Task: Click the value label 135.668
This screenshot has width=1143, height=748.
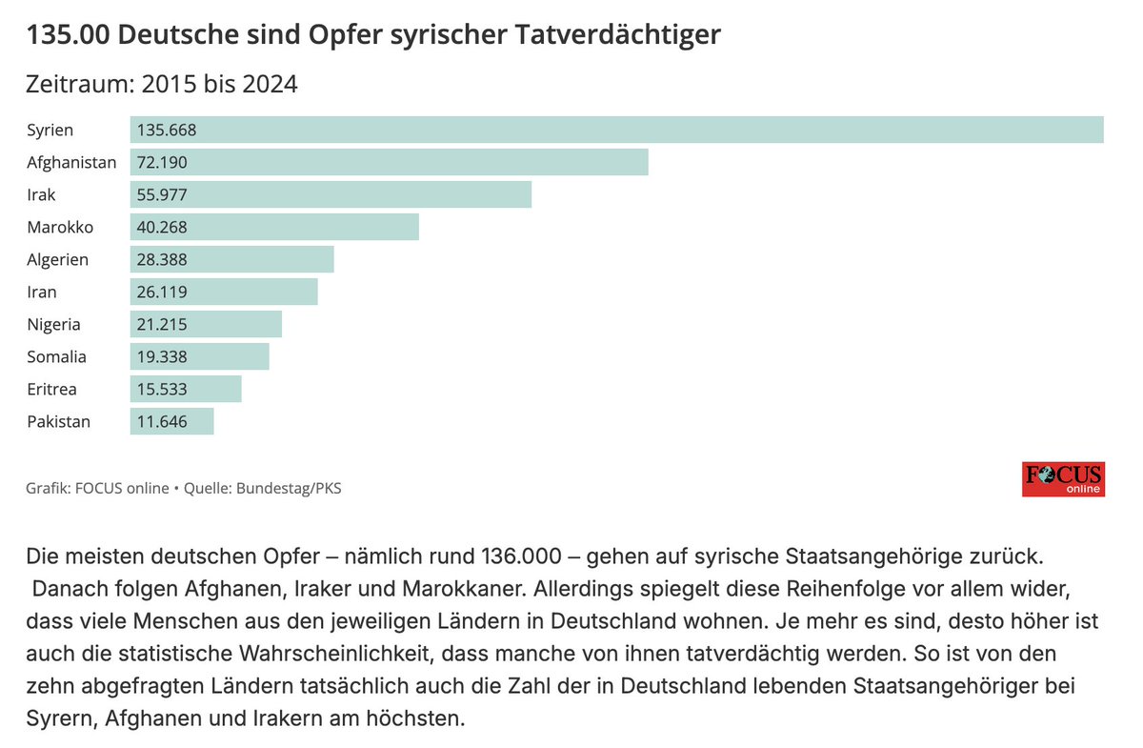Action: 167,130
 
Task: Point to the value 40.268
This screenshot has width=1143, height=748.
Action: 162,227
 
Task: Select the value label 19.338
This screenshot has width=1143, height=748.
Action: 162,356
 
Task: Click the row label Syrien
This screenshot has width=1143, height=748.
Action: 50,130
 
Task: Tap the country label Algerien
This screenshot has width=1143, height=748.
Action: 58,259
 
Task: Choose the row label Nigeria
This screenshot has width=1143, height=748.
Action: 53,324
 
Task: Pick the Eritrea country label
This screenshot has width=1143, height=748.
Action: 51,389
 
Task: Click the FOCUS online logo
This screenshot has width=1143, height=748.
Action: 1063,479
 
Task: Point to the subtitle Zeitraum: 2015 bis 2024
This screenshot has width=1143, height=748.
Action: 162,84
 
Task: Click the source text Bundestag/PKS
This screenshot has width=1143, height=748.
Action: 289,489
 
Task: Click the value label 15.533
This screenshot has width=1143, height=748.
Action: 162,389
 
